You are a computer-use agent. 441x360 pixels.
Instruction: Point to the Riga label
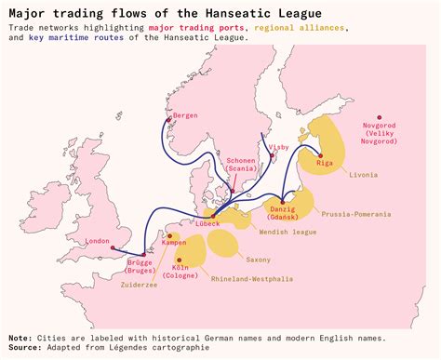click(325, 164)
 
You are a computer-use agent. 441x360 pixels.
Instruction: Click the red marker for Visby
click(273, 155)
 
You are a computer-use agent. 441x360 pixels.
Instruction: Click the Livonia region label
click(364, 174)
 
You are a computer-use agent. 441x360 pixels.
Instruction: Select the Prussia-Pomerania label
click(357, 214)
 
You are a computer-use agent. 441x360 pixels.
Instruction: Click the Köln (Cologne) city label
click(180, 272)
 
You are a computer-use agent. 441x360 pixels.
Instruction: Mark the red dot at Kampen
click(169, 236)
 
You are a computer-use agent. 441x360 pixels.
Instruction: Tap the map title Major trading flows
click(140, 13)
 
